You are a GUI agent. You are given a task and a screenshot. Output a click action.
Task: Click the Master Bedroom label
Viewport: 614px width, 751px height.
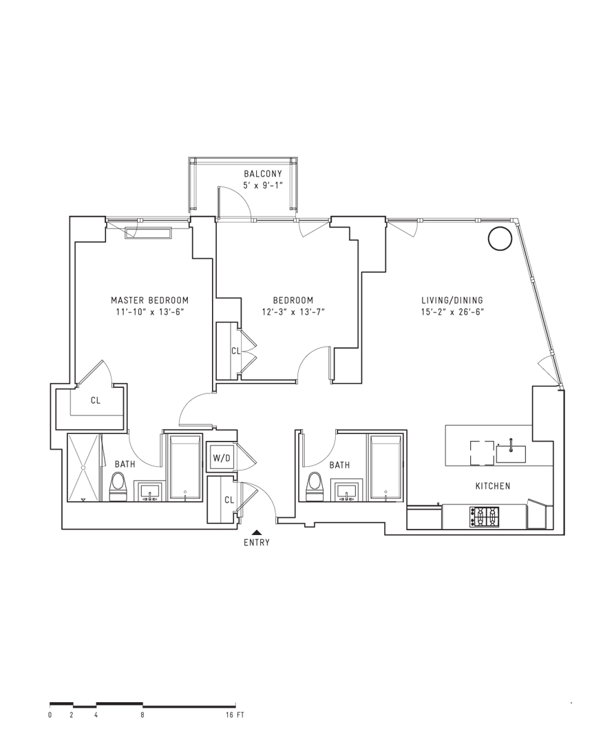(149, 301)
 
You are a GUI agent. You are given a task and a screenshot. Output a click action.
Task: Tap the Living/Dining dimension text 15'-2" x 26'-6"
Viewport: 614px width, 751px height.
(452, 312)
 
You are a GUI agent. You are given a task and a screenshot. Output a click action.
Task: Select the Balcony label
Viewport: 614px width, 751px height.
(263, 174)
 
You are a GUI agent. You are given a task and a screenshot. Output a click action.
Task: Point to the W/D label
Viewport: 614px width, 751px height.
(222, 458)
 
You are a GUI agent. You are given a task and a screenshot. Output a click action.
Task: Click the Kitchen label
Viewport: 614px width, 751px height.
(493, 486)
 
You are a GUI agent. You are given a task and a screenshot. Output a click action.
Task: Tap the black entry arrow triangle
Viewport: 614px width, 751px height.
(257, 532)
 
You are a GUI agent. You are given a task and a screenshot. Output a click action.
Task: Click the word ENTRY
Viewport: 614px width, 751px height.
(257, 543)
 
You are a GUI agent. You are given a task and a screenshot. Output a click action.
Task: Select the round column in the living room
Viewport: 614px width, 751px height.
(500, 238)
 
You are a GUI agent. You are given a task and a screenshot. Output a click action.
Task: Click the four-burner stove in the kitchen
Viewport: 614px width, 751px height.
(484, 517)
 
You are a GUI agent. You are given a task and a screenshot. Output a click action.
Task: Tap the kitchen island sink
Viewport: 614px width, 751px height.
(511, 453)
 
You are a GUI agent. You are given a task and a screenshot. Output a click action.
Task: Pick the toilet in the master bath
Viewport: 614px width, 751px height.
(117, 486)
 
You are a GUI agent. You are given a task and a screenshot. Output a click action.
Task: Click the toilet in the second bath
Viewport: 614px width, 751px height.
(315, 486)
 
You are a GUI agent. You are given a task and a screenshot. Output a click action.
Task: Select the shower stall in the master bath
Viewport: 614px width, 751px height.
(84, 468)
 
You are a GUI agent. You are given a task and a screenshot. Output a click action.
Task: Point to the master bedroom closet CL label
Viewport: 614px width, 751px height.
(96, 400)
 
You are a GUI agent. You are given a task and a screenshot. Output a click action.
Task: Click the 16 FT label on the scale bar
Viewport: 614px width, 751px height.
(235, 715)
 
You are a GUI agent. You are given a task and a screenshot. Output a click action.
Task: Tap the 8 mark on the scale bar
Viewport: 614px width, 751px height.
(142, 715)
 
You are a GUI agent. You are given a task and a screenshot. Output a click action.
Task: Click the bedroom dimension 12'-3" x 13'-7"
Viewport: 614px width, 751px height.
(293, 312)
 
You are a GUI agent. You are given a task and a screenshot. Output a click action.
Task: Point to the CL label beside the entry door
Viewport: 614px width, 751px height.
(229, 500)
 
